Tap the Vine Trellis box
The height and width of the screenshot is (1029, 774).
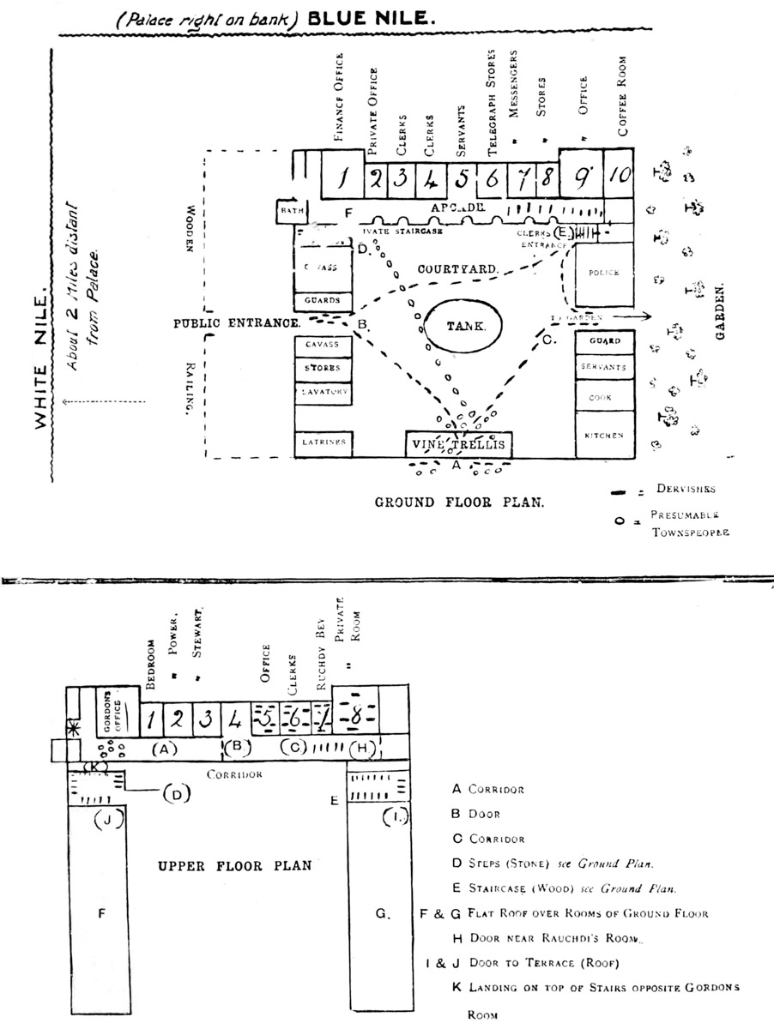click(x=459, y=444)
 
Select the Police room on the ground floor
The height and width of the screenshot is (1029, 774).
click(x=604, y=273)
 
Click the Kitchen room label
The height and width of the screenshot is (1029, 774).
click(x=604, y=436)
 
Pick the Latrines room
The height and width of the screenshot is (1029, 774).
click(x=324, y=442)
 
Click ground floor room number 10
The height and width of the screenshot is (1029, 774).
click(x=620, y=176)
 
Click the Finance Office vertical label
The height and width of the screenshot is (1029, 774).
click(x=340, y=94)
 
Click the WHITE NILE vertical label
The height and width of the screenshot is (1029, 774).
click(x=39, y=360)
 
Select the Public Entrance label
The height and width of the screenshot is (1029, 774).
click(x=236, y=323)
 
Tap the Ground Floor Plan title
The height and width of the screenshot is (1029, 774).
click(x=458, y=502)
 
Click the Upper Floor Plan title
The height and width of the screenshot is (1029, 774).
click(x=234, y=866)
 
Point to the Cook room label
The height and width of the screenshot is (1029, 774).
click(x=604, y=399)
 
